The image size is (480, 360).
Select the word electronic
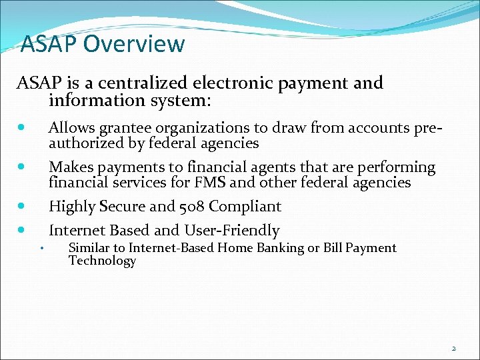[233, 83]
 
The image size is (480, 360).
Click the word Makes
[71, 167]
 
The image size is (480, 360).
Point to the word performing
[396, 167]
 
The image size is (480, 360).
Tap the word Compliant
[245, 207]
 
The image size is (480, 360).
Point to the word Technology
[102, 261]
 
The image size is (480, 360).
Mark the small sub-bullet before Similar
[41, 249]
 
